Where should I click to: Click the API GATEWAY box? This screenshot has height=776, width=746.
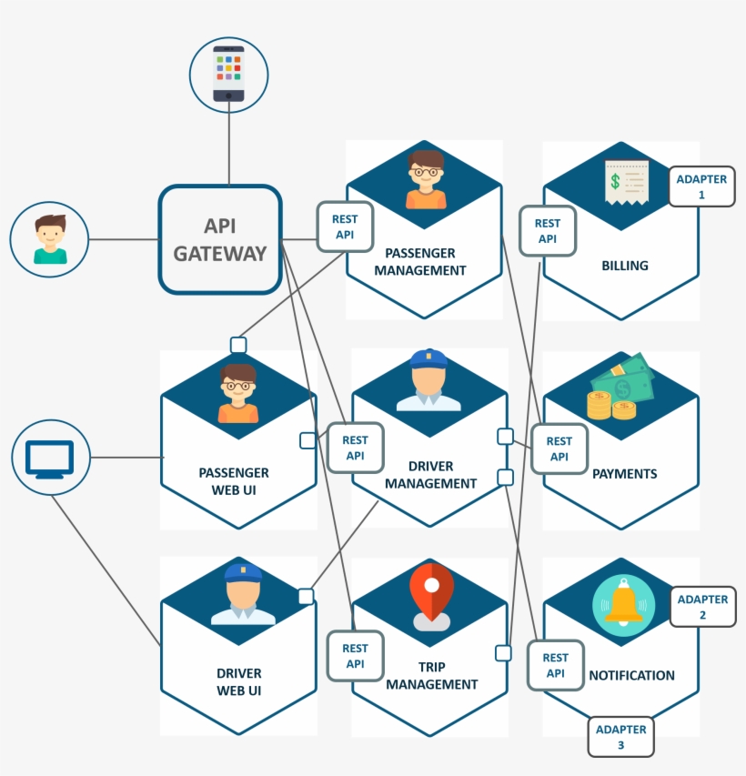220,240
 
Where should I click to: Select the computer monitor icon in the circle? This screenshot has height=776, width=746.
50,458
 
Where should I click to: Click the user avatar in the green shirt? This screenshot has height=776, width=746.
50,239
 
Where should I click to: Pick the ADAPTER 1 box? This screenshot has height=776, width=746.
701,187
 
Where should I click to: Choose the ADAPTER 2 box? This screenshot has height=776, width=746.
702,607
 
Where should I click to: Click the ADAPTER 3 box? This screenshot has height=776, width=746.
620,737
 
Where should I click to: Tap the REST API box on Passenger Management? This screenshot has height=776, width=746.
345,227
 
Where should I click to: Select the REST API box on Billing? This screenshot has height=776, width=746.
547,231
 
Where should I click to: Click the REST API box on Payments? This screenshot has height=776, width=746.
559,448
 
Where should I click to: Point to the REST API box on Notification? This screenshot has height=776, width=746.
555,665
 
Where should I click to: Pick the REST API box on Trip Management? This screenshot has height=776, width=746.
355,656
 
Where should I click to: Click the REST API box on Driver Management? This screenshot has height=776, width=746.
355,448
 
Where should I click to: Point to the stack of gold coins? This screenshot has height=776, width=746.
610,405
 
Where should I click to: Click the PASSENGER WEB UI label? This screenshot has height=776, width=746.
234,480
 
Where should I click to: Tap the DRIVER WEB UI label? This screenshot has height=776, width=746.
238,681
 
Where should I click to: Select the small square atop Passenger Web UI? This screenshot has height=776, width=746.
238,345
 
